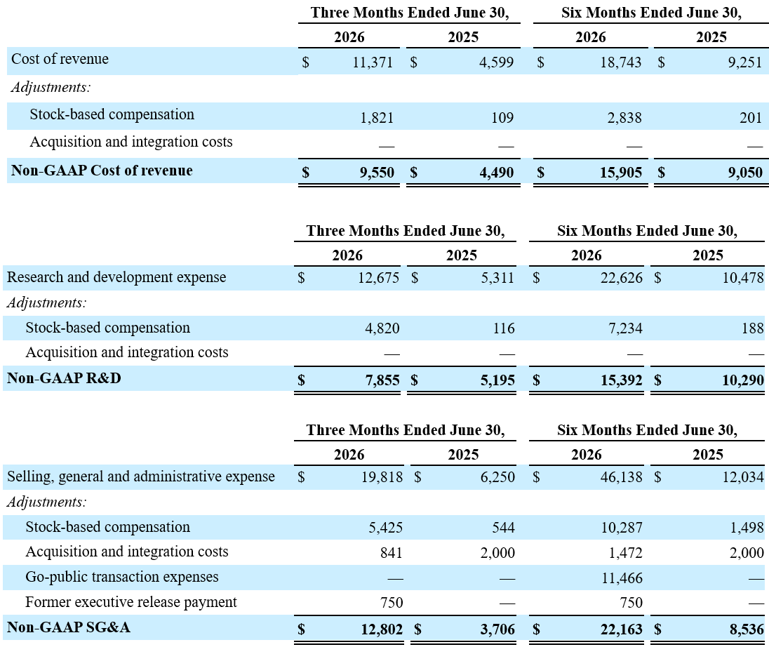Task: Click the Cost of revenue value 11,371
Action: pyautogui.click(x=373, y=62)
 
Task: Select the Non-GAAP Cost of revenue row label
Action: pyautogui.click(x=102, y=171)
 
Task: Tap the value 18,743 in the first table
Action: pyautogui.click(x=621, y=62)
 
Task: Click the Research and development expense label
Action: pyautogui.click(x=116, y=277)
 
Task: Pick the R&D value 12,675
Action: pyautogui.click(x=379, y=278)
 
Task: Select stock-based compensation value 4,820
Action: pyautogui.click(x=382, y=328)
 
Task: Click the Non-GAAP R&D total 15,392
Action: pyautogui.click(x=622, y=380)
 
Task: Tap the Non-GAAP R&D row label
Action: pyautogui.click(x=64, y=378)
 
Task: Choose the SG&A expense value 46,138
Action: pyautogui.click(x=622, y=477)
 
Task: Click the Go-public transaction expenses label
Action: pyautogui.click(x=121, y=577)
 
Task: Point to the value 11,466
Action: pyautogui.click(x=622, y=578)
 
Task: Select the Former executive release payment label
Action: pyautogui.click(x=131, y=602)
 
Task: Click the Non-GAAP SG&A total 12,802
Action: pyautogui.click(x=382, y=629)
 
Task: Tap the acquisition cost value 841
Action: pyautogui.click(x=392, y=553)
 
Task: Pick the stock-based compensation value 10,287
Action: pyautogui.click(x=622, y=528)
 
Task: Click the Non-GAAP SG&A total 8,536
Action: pyautogui.click(x=747, y=629)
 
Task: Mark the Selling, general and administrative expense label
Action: pyautogui.click(x=141, y=476)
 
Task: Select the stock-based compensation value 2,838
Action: pyautogui.click(x=624, y=118)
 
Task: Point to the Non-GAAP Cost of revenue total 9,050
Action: pyautogui.click(x=745, y=172)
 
